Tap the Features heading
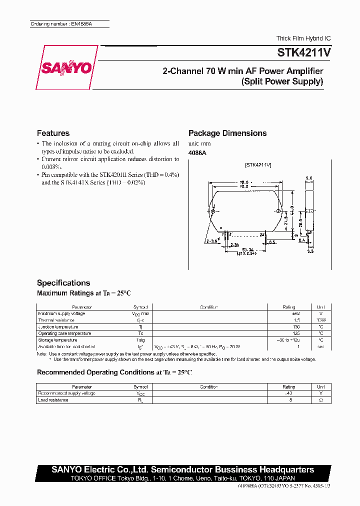pyautogui.click(x=53, y=133)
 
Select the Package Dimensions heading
pyautogui.click(x=227, y=133)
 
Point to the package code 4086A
pyautogui.click(x=197, y=153)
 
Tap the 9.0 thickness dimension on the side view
pyautogui.click(x=308, y=177)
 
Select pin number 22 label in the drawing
pyautogui.click(x=261, y=233)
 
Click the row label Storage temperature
pyautogui.click(x=57, y=340)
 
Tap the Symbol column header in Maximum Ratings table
pyautogui.click(x=140, y=307)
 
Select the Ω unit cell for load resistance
pyautogui.click(x=320, y=400)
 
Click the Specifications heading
pyautogui.click(x=63, y=282)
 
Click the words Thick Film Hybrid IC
pyautogui.click(x=303, y=38)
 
